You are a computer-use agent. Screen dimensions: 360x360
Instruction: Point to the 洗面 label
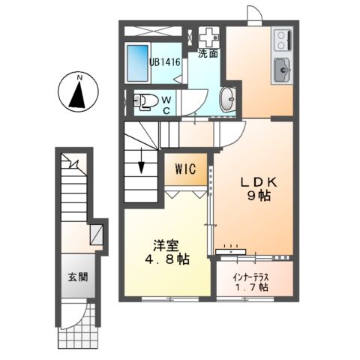click(208, 54)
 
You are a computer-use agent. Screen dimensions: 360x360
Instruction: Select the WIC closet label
click(186, 169)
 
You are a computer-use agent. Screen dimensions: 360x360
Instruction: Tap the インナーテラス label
click(256, 274)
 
